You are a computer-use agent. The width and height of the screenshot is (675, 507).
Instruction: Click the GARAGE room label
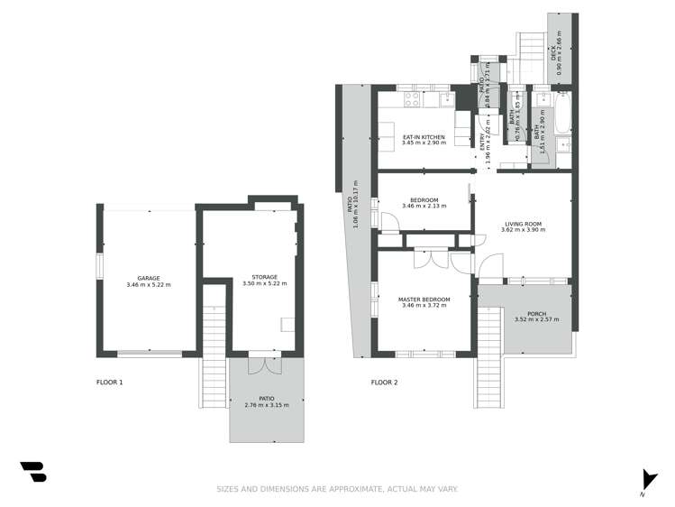149,278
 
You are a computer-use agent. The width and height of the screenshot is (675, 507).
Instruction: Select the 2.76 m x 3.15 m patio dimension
266,405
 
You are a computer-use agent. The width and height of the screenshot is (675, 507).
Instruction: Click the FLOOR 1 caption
109,383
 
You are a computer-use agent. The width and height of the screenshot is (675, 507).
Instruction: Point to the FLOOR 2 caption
384,383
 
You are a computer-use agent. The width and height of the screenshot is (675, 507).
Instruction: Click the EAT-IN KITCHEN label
424,137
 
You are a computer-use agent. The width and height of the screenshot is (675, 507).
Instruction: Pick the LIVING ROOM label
523,223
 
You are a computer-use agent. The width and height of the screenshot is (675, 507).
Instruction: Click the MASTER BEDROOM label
424,299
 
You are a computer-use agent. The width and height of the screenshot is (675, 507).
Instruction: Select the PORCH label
537,314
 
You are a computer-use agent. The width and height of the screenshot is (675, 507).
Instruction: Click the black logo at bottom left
33,472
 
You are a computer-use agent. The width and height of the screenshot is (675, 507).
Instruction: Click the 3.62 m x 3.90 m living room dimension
523,230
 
